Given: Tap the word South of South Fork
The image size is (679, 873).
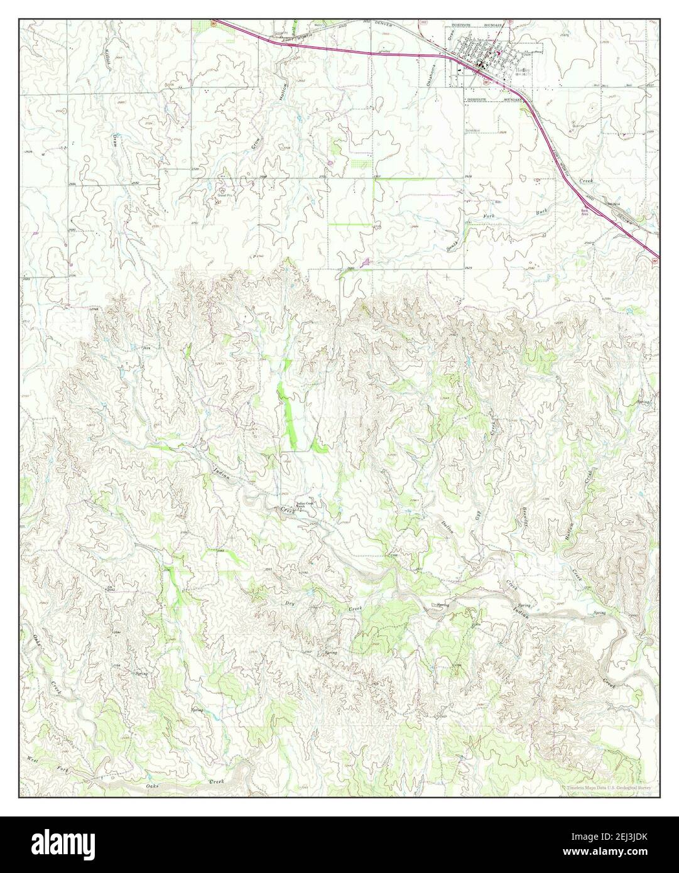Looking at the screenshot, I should tap(468, 242).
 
